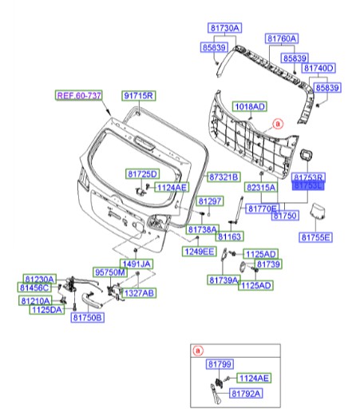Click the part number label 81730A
coord(225,28)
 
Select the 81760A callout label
coord(282,38)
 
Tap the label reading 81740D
coord(318,69)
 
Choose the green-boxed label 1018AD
coord(249,105)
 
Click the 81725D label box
coord(142,174)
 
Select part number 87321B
coord(224,176)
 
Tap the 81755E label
coord(316,236)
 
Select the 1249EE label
coord(199,252)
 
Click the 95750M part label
coord(111,272)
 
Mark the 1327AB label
coord(137,293)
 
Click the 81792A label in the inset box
coord(247,394)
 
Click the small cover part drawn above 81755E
coord(318,213)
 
